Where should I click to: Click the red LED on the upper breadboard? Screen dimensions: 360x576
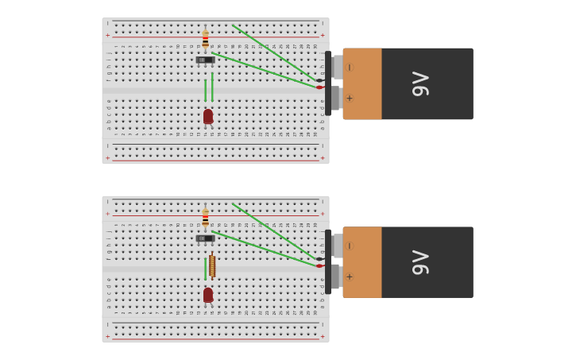click(208, 117)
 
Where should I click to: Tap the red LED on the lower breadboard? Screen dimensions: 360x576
click(208, 295)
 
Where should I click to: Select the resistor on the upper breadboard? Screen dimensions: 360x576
click(205, 39)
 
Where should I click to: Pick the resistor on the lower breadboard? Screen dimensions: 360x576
click(205, 217)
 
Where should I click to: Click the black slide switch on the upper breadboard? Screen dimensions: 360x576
click(205, 60)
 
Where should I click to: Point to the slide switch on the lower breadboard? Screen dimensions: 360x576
click(205, 238)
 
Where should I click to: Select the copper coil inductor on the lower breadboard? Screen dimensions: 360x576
click(212, 265)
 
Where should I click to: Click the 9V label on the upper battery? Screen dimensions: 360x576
click(420, 83)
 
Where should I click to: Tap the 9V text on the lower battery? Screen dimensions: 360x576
click(420, 262)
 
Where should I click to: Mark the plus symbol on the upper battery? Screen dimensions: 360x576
click(350, 99)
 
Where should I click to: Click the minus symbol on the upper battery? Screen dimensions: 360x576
click(350, 68)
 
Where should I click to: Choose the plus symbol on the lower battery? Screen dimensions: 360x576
click(350, 277)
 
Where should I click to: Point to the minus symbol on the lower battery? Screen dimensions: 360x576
click(350, 246)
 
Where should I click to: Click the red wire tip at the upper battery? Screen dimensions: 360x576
click(319, 87)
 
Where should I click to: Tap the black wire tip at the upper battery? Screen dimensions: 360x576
click(319, 80)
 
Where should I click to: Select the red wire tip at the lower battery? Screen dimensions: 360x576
click(319, 266)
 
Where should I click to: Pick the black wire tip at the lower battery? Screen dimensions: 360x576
click(319, 259)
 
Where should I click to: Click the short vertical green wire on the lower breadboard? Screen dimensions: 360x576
click(205, 269)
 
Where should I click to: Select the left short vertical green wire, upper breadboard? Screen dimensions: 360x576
click(205, 90)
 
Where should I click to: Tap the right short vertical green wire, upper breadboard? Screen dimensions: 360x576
click(212, 87)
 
